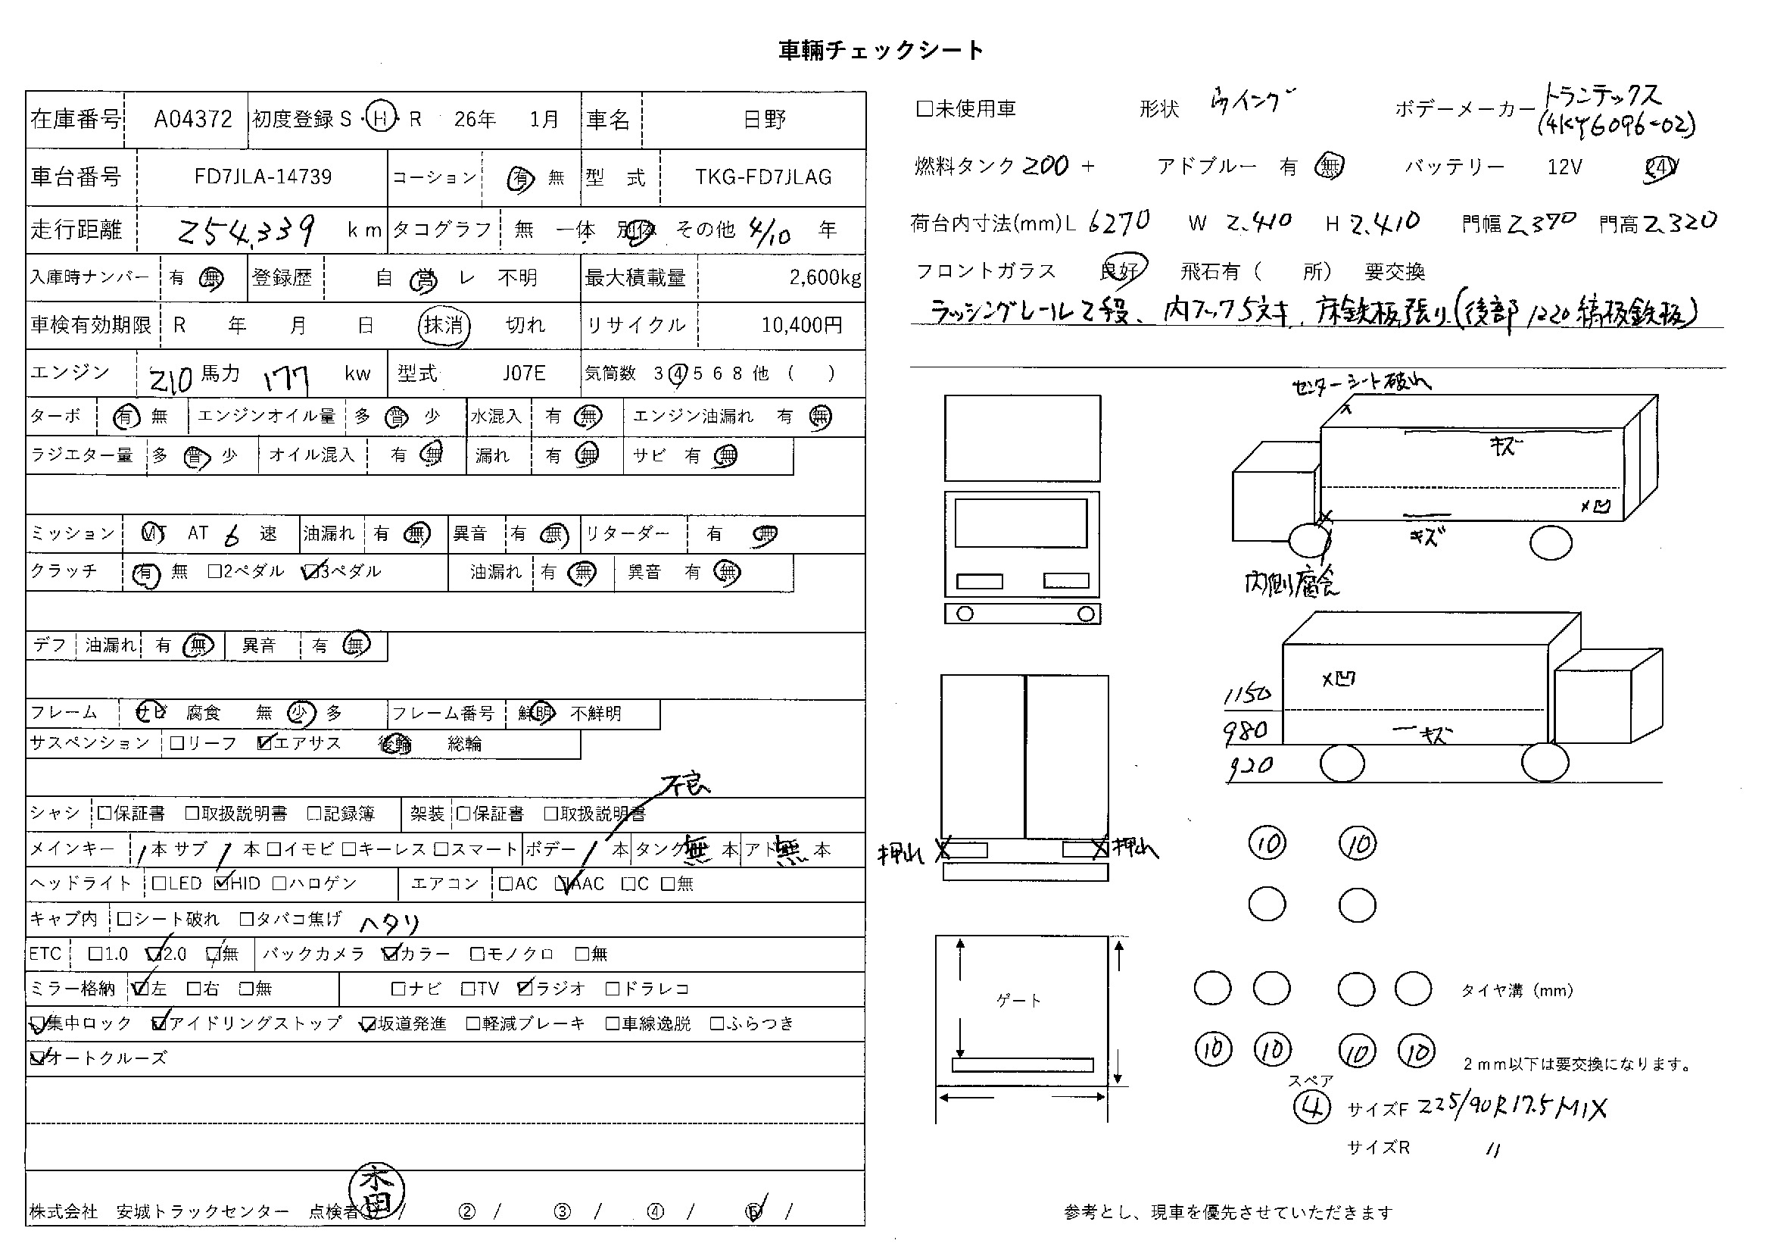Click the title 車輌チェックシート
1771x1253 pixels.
click(881, 51)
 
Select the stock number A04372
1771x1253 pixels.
click(193, 120)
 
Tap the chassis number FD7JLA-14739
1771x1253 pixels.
click(263, 177)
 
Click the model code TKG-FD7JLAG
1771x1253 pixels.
click(763, 177)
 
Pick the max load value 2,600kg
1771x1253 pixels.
click(825, 278)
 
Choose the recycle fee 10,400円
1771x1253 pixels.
click(801, 326)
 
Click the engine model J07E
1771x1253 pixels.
click(524, 373)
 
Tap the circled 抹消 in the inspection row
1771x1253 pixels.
click(444, 326)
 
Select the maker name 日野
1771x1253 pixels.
click(764, 120)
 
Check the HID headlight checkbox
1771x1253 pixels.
click(222, 883)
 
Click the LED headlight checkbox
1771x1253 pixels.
click(160, 883)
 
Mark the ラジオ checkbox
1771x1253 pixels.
click(526, 989)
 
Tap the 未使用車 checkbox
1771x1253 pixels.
click(924, 109)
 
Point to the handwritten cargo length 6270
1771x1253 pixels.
click(1119, 223)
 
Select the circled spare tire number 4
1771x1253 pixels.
click(1311, 1108)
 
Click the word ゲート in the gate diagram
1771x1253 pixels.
click(1019, 1001)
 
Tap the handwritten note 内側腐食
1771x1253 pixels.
click(1291, 584)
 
